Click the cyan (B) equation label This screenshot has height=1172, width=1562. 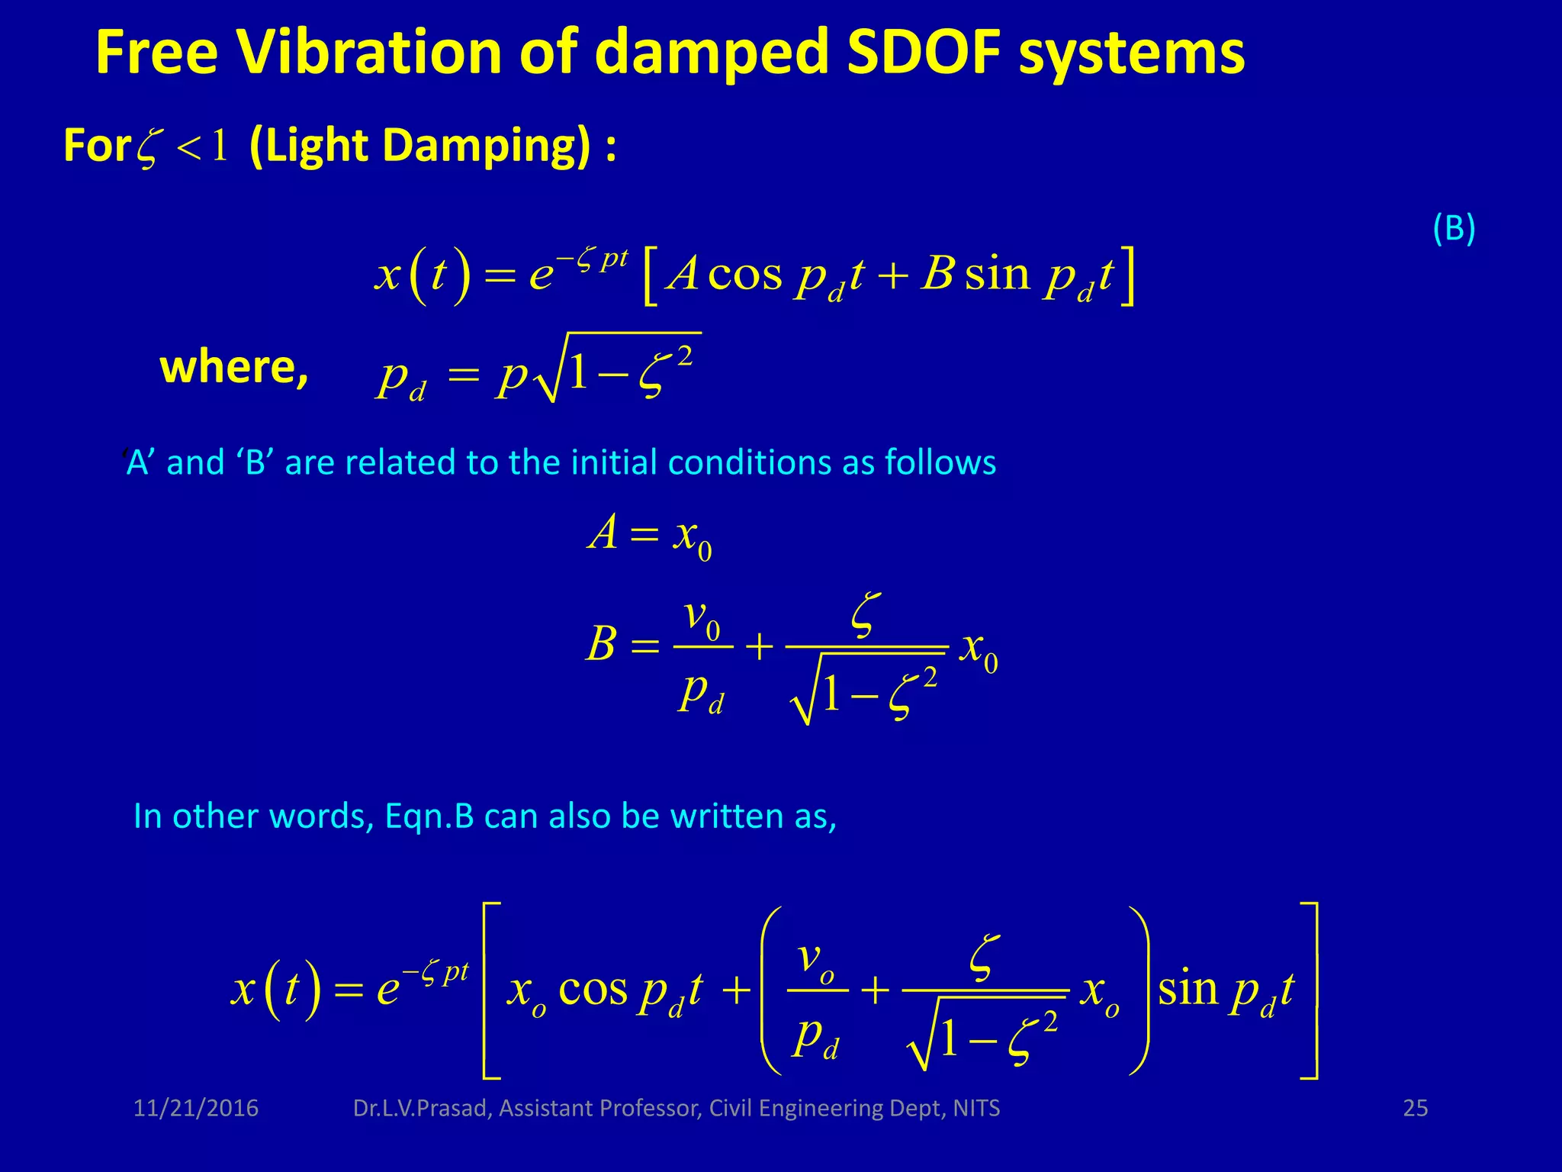pyautogui.click(x=1454, y=228)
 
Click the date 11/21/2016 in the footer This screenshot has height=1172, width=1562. pyautogui.click(x=196, y=1108)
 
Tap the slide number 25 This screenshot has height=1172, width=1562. pyautogui.click(x=1416, y=1108)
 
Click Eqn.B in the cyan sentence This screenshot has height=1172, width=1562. pyautogui.click(x=429, y=816)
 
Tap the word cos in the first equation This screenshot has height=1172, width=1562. pyautogui.click(x=744, y=274)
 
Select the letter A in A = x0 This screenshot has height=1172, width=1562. pyautogui.click(x=603, y=532)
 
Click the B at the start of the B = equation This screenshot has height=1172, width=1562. pyautogui.click(x=601, y=643)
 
